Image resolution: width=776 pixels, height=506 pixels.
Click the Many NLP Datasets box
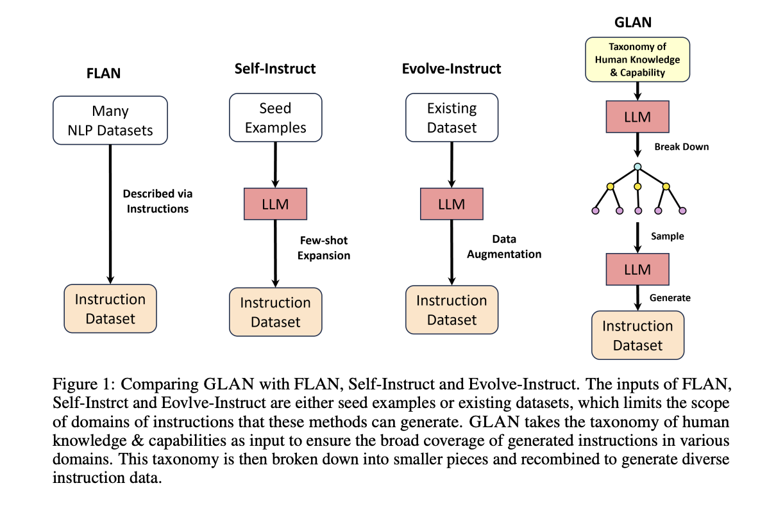110,120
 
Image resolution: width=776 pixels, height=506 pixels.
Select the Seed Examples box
275,118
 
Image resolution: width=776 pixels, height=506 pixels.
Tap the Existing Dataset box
451,118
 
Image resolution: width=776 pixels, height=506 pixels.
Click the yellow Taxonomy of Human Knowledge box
637,60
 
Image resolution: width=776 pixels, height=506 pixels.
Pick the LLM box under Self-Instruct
275,204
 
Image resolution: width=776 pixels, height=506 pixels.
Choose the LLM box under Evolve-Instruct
451,204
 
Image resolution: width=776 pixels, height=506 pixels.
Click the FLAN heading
104,72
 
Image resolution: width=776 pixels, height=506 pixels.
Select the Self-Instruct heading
275,69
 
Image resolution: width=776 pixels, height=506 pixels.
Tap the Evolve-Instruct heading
451,69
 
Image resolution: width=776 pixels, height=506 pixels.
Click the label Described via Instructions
158,200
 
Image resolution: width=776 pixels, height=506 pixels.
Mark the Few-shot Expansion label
325,248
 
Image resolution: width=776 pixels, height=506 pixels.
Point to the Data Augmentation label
504,247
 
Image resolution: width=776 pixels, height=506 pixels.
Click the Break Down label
682,147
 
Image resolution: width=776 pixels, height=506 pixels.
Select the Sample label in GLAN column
668,236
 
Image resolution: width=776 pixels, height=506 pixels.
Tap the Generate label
670,298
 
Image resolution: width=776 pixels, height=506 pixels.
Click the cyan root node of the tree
637,167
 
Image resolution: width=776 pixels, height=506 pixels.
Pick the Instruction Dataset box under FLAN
110,309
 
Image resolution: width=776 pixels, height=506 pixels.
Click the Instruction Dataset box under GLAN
637,335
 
